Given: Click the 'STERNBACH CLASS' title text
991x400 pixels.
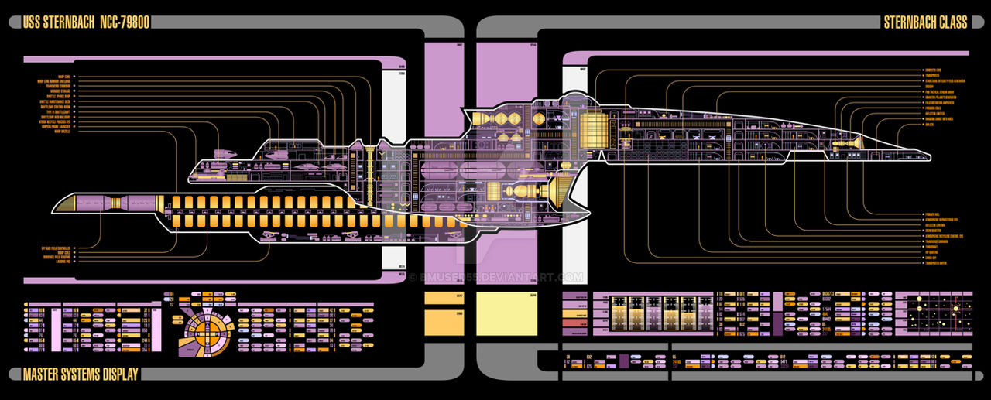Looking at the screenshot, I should click(925, 22).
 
